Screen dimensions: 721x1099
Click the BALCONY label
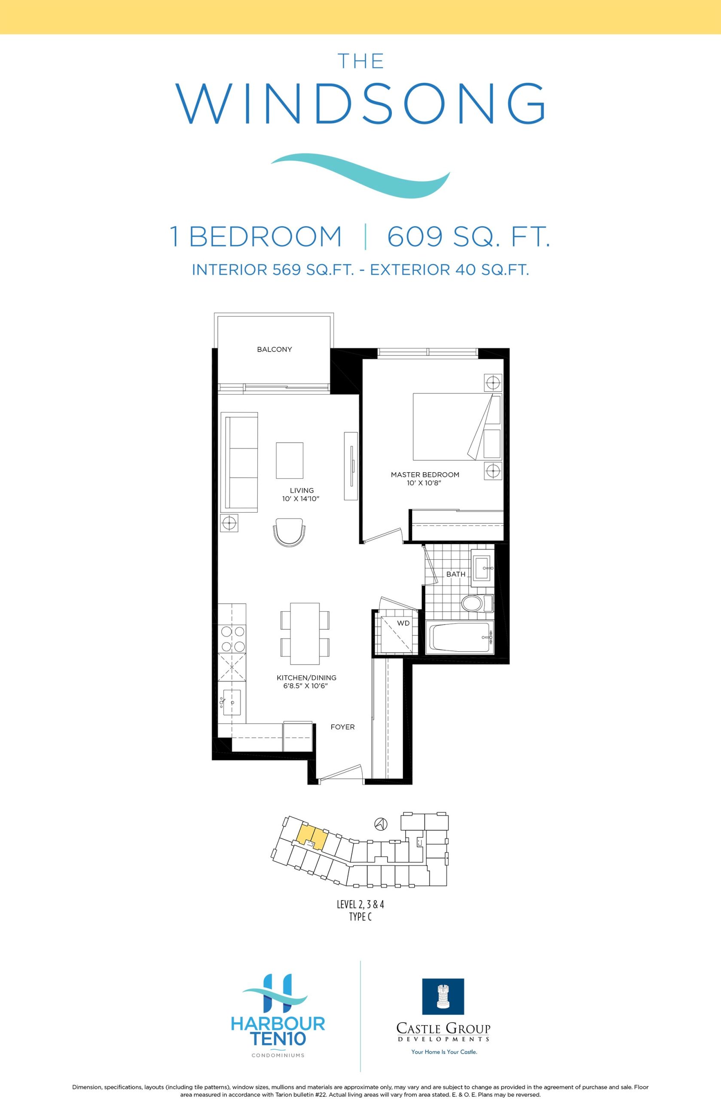pos(275,349)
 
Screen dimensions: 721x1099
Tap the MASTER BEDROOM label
pos(425,475)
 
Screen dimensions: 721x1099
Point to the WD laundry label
pos(403,623)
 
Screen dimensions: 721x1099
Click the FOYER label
pos(342,727)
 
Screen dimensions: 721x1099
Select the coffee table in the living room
pos(290,460)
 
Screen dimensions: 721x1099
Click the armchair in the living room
pos(289,532)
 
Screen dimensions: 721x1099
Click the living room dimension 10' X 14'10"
pos(301,499)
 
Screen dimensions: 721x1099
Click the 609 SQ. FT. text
pos(469,237)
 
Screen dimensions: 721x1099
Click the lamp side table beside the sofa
pos(229,523)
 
